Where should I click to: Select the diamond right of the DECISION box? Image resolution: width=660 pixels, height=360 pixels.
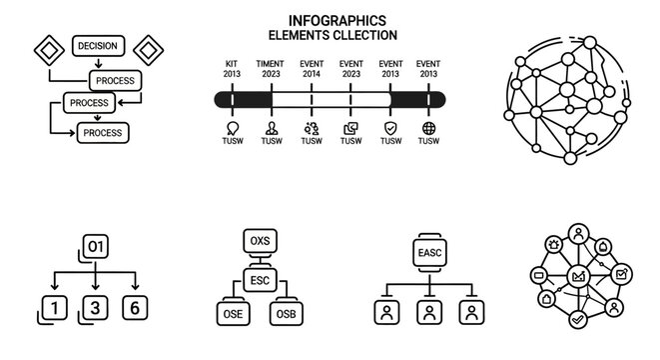click(x=148, y=48)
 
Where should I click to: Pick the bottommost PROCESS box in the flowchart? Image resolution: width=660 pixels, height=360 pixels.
click(x=103, y=132)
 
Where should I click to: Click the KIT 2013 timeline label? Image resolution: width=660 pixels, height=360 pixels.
click(x=233, y=69)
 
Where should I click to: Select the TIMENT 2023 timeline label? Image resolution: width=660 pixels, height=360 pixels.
click(x=271, y=69)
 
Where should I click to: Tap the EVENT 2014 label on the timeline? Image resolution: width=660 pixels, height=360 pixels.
click(x=312, y=69)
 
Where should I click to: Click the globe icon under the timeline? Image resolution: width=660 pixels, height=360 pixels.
click(x=429, y=128)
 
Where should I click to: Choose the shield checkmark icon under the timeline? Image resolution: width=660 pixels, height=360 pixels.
click(x=390, y=128)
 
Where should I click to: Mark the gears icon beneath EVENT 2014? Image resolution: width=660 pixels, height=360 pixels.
click(x=312, y=128)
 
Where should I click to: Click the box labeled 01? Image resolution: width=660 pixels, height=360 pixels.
click(x=96, y=246)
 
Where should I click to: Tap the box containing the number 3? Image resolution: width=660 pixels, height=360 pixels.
click(x=95, y=308)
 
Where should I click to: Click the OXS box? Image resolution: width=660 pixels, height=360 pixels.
click(x=259, y=241)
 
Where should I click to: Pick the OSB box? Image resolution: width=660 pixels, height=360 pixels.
click(x=285, y=312)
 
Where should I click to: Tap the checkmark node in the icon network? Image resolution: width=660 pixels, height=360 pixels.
click(x=577, y=319)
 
